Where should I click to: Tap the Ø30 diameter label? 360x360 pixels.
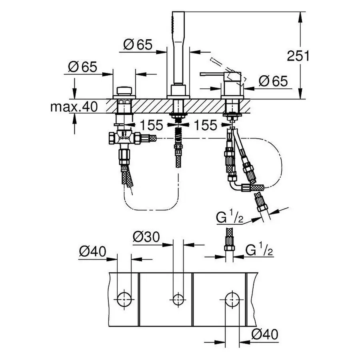coord(146,237)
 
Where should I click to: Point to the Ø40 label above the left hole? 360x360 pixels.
coord(92,251)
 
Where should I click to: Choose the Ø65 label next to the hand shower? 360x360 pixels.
coord(138,45)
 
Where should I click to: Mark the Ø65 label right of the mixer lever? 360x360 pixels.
coord(273,81)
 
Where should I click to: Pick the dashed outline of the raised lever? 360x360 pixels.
coord(222,66)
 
